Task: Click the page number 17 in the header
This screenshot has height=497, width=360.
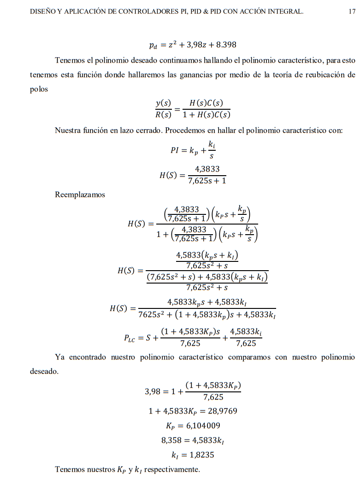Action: coord(352,12)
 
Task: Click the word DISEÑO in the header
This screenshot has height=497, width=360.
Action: coord(43,12)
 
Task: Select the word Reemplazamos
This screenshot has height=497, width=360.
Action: coord(80,195)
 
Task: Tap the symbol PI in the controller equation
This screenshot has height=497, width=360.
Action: coord(175,150)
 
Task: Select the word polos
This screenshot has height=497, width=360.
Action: coord(39,89)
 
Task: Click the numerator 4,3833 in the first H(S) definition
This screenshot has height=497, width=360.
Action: coord(207,169)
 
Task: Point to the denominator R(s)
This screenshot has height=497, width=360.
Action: coord(163,115)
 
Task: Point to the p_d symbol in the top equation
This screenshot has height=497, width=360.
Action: coord(154,45)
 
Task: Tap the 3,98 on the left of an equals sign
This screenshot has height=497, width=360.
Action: coord(153,391)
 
